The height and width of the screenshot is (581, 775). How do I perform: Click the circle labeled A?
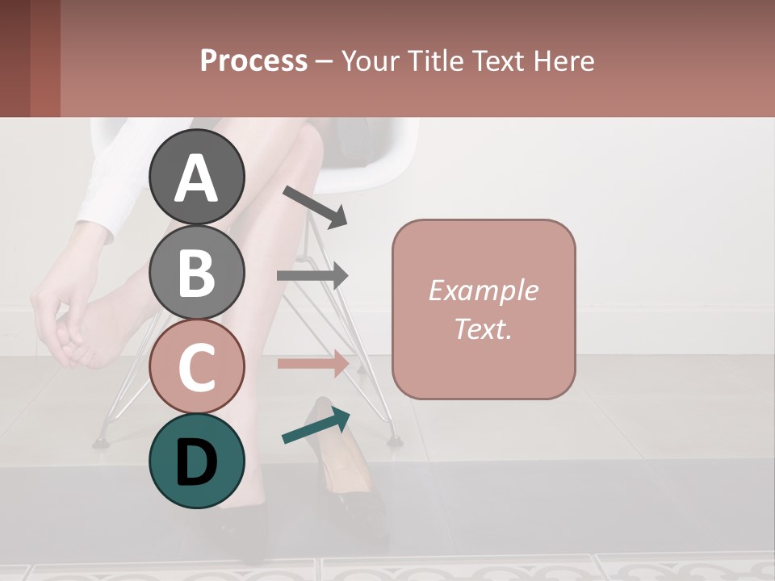click(x=196, y=177)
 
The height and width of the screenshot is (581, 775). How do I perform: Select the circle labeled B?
click(x=196, y=272)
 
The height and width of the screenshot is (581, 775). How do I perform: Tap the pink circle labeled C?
click(x=196, y=366)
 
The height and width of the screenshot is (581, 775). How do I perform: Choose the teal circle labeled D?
click(x=196, y=461)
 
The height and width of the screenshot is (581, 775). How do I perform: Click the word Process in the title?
click(x=253, y=61)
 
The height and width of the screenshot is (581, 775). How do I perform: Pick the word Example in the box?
click(x=483, y=290)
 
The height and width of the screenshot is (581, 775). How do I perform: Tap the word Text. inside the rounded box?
click(x=483, y=328)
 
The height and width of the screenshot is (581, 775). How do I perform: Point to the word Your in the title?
click(x=371, y=61)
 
